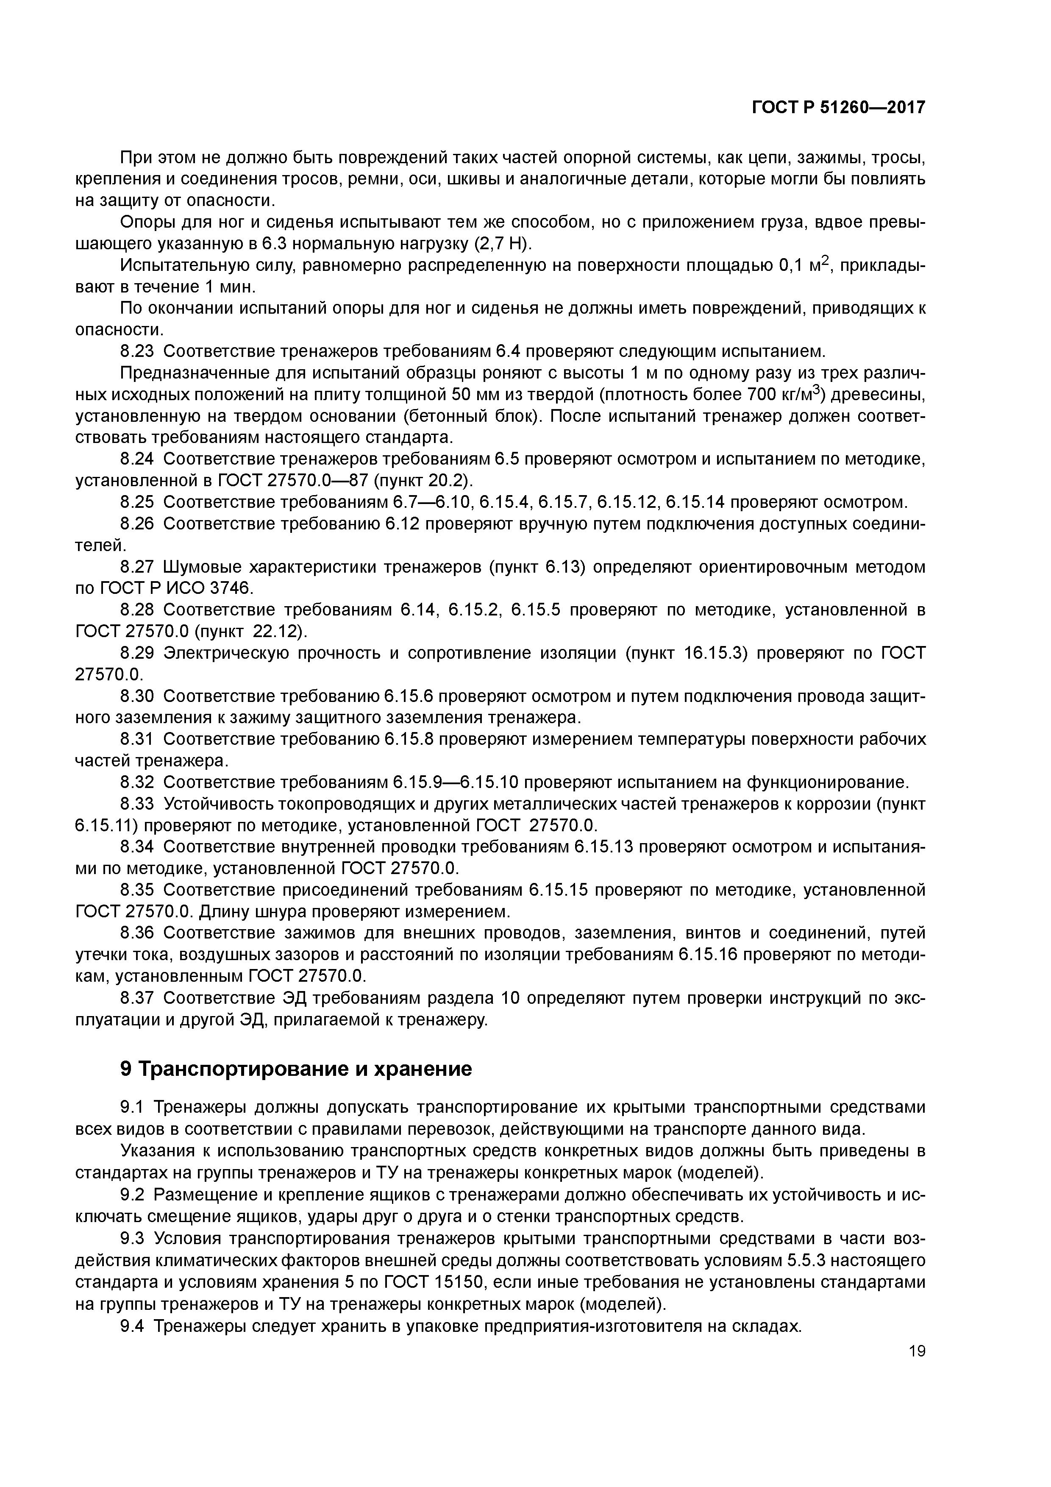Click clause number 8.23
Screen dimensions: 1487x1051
pyautogui.click(x=137, y=352)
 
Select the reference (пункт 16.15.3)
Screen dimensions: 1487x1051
pyautogui.click(x=687, y=654)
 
